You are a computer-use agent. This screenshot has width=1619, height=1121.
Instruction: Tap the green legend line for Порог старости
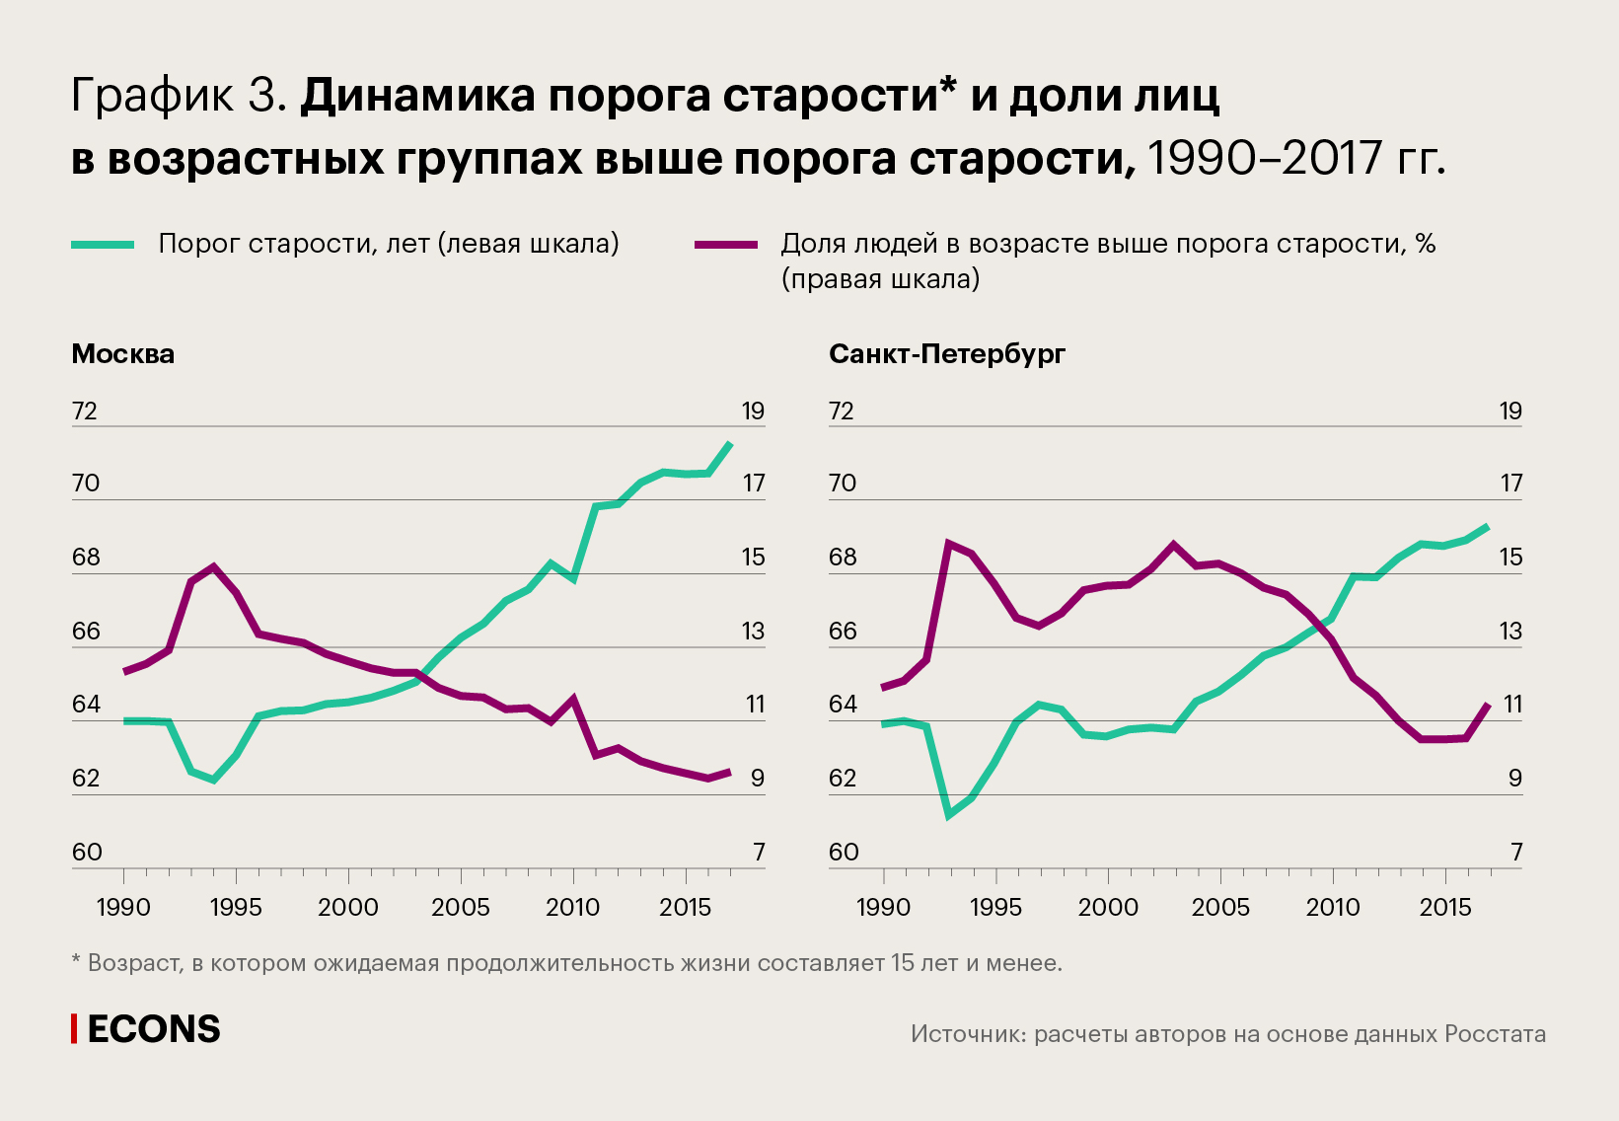coord(103,245)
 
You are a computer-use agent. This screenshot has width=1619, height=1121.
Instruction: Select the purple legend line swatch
coord(726,245)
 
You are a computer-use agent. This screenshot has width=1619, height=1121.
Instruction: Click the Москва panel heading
coord(123,354)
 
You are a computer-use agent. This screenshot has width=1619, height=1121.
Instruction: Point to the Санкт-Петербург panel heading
coord(947,354)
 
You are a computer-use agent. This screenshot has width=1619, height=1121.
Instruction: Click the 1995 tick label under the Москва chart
coord(236,907)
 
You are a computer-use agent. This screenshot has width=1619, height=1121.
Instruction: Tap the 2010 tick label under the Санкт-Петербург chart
coord(1333,907)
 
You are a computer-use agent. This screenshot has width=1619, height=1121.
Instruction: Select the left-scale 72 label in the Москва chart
coord(86,411)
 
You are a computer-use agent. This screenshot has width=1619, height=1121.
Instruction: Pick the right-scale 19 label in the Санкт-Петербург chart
coord(1510,411)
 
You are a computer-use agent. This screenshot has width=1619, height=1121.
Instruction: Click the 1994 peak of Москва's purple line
coord(213,566)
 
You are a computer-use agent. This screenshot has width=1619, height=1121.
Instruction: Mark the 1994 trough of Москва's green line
coord(213,780)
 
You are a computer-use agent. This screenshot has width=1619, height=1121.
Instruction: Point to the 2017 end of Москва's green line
coord(730,443)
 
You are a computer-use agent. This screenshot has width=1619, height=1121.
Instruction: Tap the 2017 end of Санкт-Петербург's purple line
coord(1488,704)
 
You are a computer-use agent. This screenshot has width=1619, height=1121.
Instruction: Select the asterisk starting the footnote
coord(76,961)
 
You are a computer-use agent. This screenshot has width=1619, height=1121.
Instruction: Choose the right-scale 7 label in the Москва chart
coord(759,852)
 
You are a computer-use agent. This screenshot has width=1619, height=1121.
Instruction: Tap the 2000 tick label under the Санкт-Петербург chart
coord(1108,907)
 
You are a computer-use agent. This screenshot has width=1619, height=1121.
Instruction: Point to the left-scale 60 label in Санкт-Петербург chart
coord(844,852)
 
